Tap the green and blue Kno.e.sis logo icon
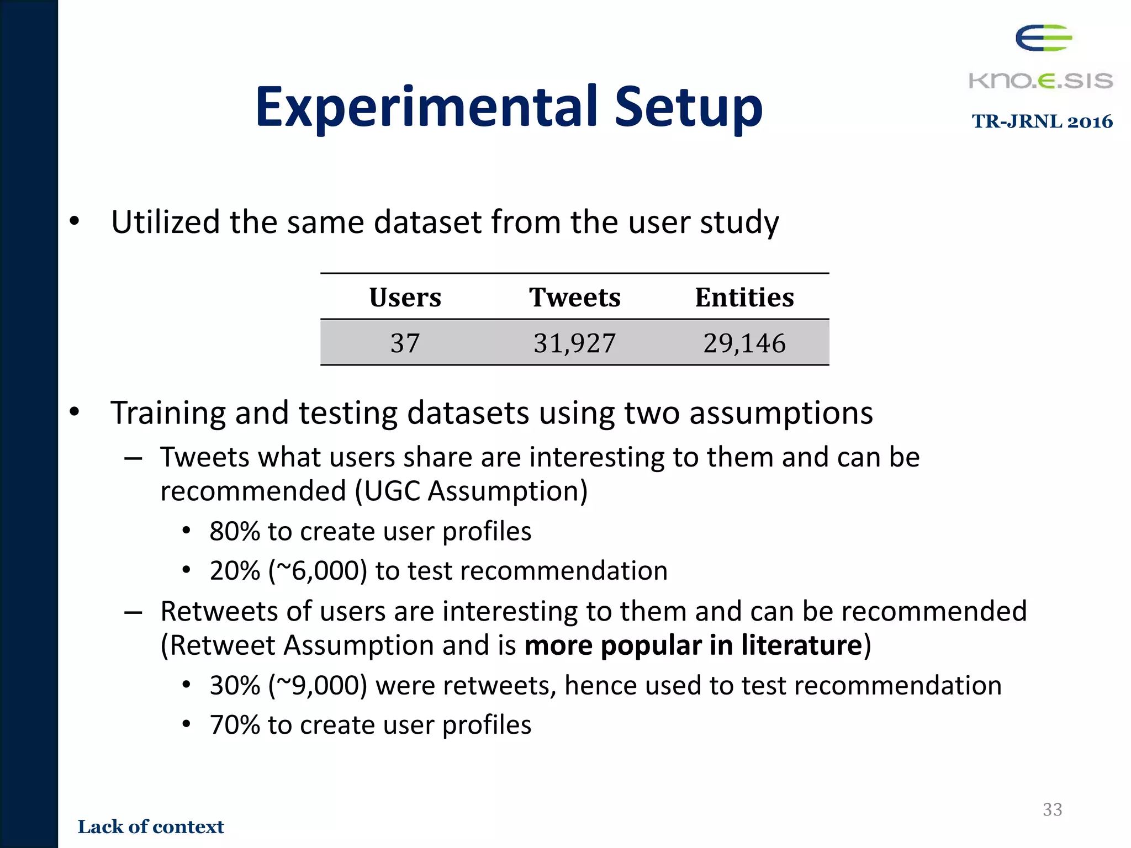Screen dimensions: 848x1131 pos(1043,38)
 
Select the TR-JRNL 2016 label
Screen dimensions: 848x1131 pos(1042,121)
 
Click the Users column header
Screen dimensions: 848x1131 pos(405,298)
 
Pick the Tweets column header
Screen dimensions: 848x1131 pos(574,298)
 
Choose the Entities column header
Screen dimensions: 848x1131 pos(744,298)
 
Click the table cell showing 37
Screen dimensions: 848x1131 pos(405,343)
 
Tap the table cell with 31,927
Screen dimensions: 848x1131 pos(574,343)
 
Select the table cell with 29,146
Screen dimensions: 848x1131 pos(744,343)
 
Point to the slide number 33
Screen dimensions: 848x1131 pos(1052,809)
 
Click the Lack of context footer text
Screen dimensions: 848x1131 pos(151,826)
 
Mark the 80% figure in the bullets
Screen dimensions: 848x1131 pos(235,532)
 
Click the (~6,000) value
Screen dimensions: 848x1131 pos(318,571)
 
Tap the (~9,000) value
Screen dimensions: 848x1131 pos(318,686)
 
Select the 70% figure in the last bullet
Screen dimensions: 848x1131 pos(235,725)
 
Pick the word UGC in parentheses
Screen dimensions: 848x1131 pos(391,491)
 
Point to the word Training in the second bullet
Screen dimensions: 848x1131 pos(168,412)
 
